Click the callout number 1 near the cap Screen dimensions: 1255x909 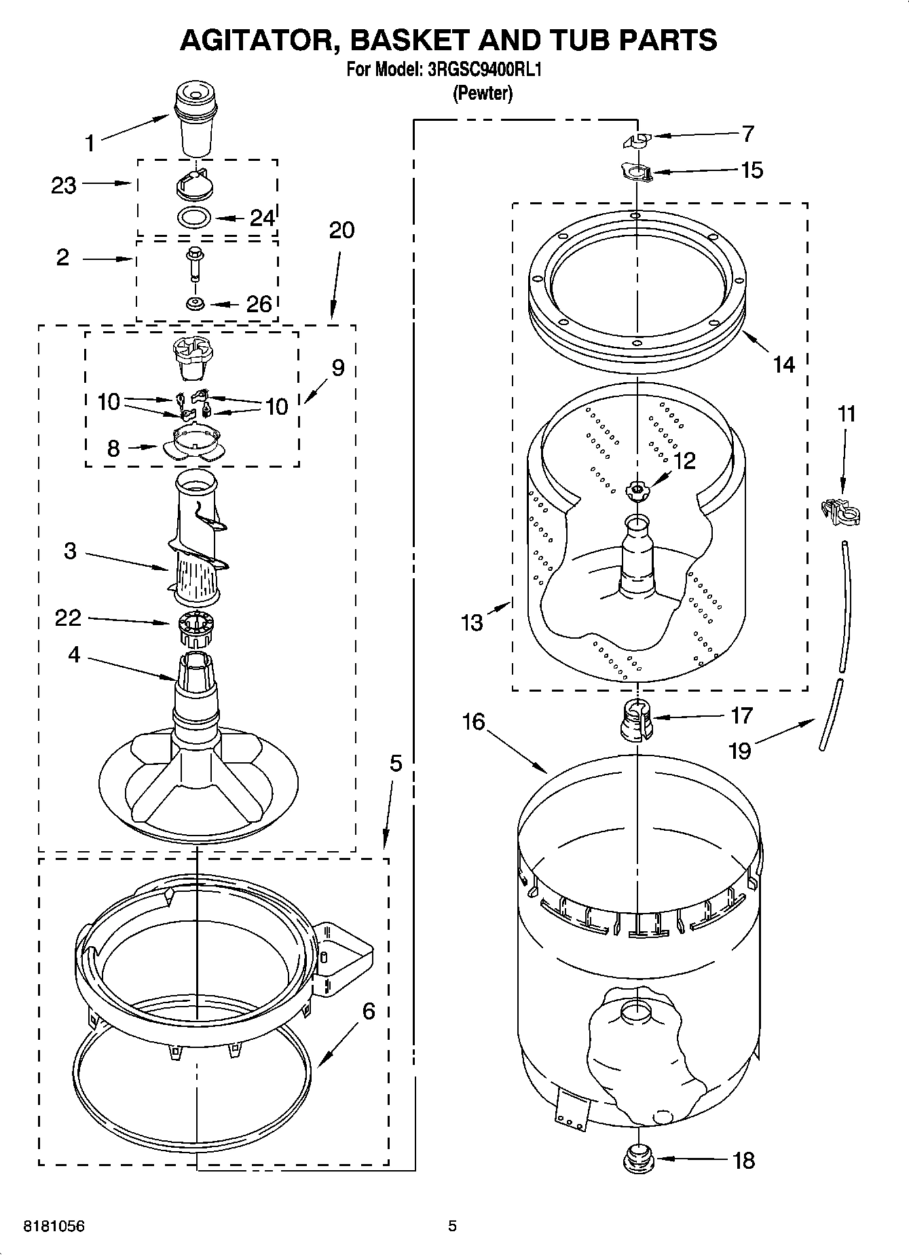pos(90,143)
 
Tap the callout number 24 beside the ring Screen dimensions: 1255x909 pos(262,218)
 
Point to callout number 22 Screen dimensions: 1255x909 pos(68,617)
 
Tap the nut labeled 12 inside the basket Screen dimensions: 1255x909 pos(637,490)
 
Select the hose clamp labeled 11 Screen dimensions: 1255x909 pos(840,510)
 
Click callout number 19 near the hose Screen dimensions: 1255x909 pos(739,751)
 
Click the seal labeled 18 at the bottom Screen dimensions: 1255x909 pos(637,1157)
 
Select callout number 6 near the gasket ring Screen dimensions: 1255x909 pos(368,1011)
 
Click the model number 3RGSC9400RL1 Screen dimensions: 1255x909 pos(484,69)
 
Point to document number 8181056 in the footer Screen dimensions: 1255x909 pos(54,1226)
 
